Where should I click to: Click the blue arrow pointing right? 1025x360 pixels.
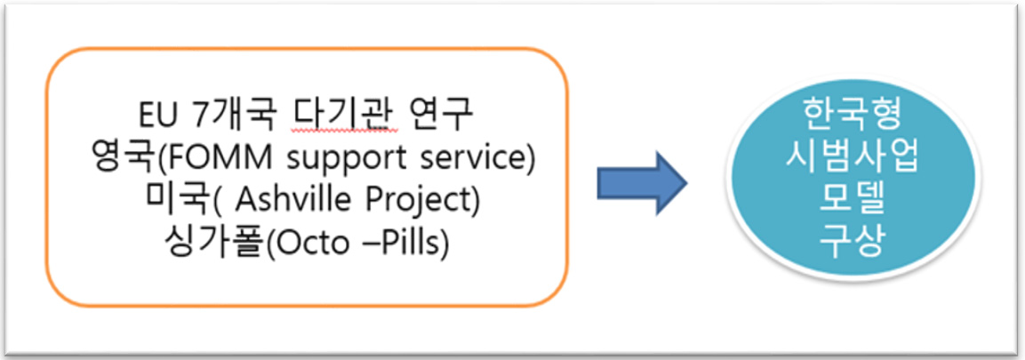coord(641,184)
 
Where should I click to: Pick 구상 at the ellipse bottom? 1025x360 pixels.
coord(852,243)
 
